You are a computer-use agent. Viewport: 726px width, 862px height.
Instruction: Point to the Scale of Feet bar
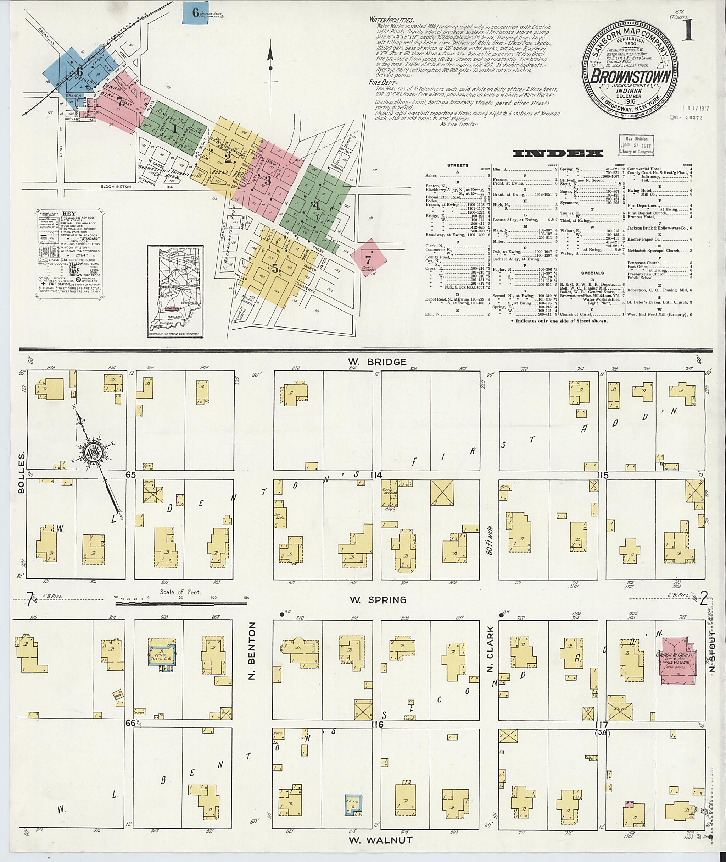tap(181, 604)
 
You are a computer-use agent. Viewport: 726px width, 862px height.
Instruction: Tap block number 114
tap(376, 476)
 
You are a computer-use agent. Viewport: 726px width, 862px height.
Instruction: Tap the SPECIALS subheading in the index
tap(592, 273)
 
